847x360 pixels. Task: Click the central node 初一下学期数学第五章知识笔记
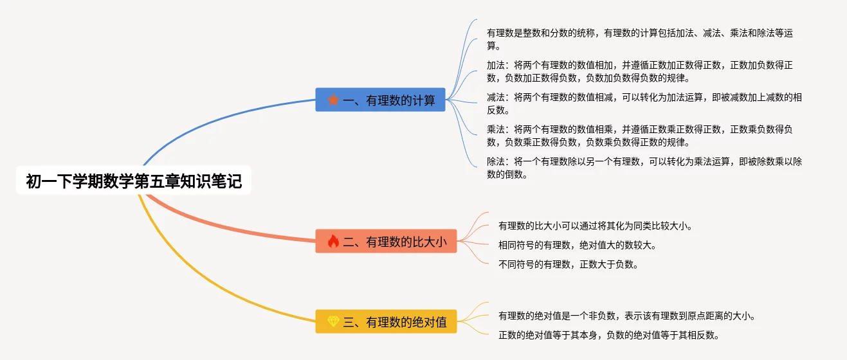click(x=134, y=182)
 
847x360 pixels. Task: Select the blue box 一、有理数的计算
click(x=380, y=100)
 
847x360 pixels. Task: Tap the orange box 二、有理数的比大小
click(x=386, y=242)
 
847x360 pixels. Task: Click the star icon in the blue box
click(x=333, y=100)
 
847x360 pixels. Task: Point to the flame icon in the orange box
click(x=333, y=242)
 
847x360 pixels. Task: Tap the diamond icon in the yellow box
click(x=333, y=321)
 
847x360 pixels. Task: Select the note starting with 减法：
click(x=643, y=104)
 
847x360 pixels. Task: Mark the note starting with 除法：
click(x=643, y=168)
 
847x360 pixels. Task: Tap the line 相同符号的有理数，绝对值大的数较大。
click(x=577, y=245)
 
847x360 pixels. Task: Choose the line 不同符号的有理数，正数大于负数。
click(x=569, y=264)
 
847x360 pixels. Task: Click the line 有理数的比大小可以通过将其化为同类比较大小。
click(x=595, y=226)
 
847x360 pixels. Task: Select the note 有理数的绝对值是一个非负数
click(x=626, y=316)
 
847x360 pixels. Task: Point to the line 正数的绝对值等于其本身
click(x=608, y=335)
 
